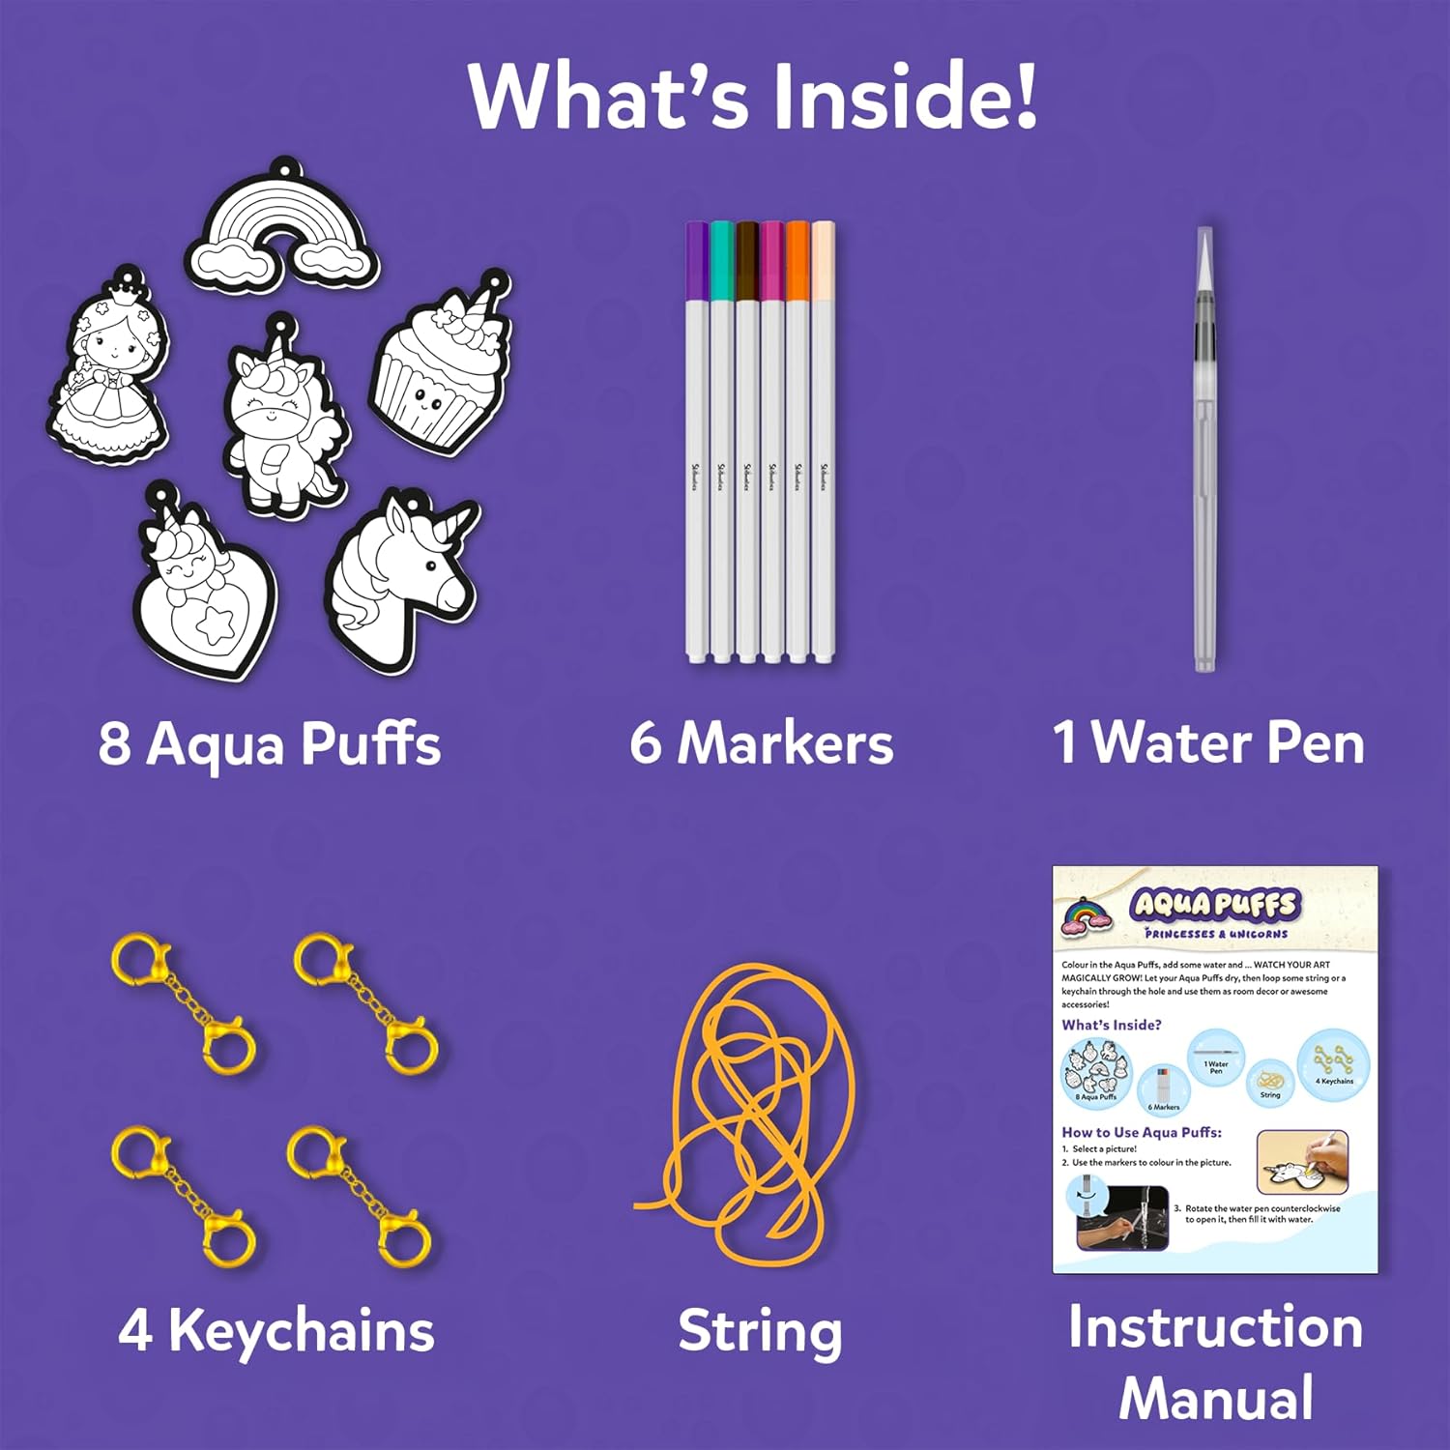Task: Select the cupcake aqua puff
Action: tap(440, 372)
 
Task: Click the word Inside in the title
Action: tap(904, 97)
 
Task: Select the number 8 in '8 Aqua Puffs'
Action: tap(114, 744)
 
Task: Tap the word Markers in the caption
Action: tap(785, 744)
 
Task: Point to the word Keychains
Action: tap(302, 1330)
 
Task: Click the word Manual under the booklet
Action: tap(1216, 1398)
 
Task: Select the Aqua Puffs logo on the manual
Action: tap(1215, 905)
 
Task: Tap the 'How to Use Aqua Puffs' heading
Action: tap(1142, 1132)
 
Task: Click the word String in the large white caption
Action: tap(760, 1332)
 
